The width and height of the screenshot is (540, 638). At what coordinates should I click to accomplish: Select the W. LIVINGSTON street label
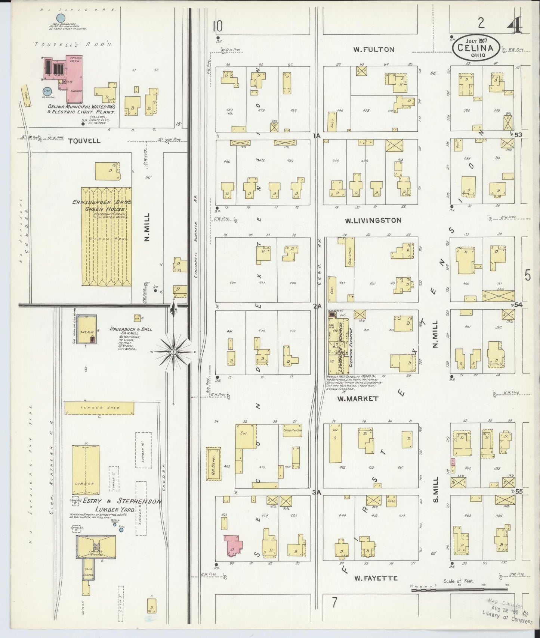coord(373,221)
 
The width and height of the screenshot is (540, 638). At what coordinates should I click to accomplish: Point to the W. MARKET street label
coord(358,399)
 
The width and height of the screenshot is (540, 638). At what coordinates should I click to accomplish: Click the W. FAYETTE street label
coord(376,578)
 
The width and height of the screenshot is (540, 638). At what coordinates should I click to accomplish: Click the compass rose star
coord(174,351)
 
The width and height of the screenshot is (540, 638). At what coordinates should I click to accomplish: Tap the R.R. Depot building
coord(213,464)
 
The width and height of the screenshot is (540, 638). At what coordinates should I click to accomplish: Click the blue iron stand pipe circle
coord(60,17)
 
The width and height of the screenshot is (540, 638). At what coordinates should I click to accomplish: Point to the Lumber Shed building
coord(99,408)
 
